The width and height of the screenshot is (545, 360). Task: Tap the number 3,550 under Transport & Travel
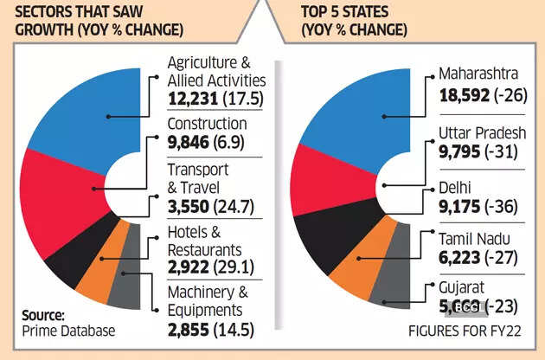[185, 207]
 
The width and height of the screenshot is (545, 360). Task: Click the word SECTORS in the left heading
[40, 12]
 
